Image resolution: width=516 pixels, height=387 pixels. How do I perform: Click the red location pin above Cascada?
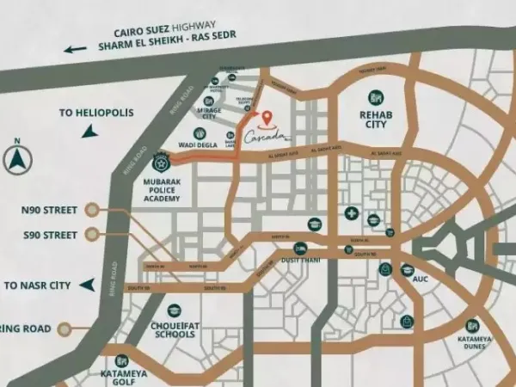click(267, 117)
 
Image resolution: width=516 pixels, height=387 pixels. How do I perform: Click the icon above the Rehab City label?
click(375, 96)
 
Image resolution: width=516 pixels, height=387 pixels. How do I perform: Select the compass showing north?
click(17, 159)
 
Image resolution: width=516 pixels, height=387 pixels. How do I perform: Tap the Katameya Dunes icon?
click(472, 326)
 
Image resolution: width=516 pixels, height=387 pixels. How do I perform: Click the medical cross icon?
click(351, 212)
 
